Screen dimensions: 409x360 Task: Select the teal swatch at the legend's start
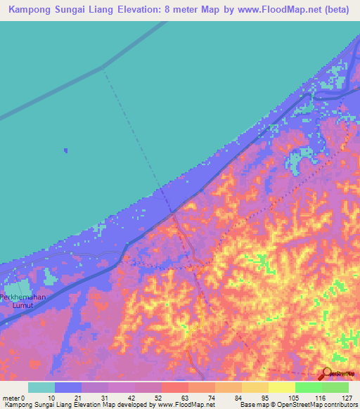pyautogui.click(x=41, y=387)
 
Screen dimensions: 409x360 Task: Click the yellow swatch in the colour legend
pyautogui.click(x=282, y=387)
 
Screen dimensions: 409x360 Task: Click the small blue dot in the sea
pyautogui.click(x=65, y=150)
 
